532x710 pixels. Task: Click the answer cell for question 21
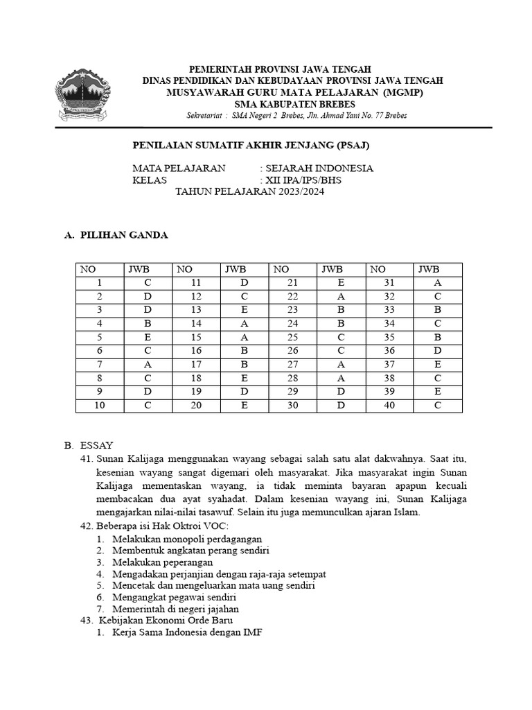(341, 283)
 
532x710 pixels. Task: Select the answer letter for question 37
(437, 365)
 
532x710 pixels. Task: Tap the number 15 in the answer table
(196, 338)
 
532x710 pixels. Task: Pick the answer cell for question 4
(147, 324)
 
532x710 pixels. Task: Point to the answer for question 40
(437, 406)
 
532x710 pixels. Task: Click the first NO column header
(88, 270)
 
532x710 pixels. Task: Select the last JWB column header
(429, 270)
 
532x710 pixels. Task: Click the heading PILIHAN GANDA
(124, 236)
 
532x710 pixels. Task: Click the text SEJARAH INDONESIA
(319, 168)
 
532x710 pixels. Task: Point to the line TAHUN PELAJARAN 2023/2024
(249, 192)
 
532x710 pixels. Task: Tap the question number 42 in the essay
(87, 527)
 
